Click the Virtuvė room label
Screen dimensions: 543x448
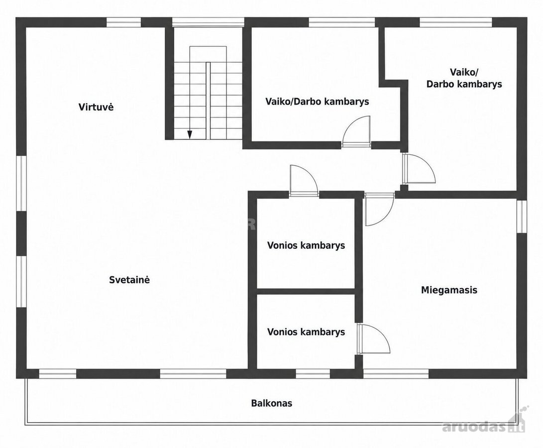(96, 107)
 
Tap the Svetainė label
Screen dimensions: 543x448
(129, 280)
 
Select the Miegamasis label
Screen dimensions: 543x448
(449, 290)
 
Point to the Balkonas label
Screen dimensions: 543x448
(272, 403)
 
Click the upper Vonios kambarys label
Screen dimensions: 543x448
(306, 245)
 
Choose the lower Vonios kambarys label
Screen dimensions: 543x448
(306, 332)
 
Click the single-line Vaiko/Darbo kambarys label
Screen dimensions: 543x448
(317, 102)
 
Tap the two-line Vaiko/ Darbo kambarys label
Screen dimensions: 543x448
(464, 78)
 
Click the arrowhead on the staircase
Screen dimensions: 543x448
(190, 134)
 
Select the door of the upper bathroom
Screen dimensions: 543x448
(304, 180)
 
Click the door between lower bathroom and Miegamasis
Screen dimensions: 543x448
(374, 339)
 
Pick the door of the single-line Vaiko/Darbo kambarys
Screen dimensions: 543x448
(356, 132)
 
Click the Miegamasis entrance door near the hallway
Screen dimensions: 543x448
(380, 210)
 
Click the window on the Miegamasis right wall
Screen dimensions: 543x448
(522, 216)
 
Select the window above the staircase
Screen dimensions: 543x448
(208, 22)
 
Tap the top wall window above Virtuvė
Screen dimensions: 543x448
(123, 22)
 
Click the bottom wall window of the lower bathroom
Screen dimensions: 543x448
(313, 373)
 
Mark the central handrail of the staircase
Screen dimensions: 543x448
(208, 101)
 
